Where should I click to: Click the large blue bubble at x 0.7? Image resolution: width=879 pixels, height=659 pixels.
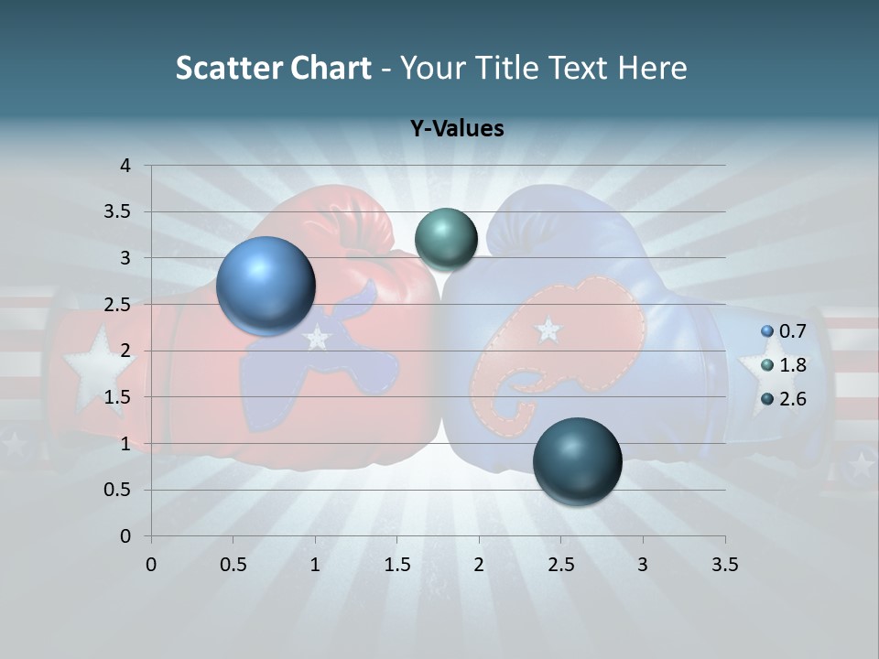(266, 286)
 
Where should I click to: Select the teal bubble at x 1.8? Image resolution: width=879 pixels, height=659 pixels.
(446, 239)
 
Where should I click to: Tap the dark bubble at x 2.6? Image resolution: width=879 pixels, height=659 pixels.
(577, 461)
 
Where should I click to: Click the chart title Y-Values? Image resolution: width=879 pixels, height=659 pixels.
(456, 129)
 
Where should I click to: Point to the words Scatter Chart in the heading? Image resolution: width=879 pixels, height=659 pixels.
(273, 68)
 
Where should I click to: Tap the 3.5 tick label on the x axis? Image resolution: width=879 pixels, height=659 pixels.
(724, 565)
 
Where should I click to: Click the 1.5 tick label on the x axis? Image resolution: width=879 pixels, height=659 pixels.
(396, 565)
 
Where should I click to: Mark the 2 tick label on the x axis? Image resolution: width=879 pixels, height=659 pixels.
(479, 565)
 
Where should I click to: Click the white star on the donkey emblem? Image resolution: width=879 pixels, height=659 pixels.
(317, 338)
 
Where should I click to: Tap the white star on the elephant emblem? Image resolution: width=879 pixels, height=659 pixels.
(548, 329)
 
